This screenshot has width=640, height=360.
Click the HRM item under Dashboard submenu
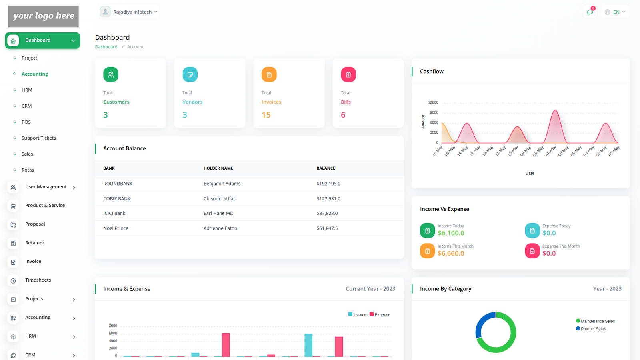[x=27, y=90]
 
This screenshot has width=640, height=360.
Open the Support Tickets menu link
[x=38, y=138]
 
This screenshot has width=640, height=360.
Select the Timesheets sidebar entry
[x=38, y=280]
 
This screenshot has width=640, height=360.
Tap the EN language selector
[x=615, y=12]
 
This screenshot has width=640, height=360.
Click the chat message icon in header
[x=590, y=12]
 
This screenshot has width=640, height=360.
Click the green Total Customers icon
[x=111, y=74]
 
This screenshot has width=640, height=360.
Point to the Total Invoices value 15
[x=266, y=115]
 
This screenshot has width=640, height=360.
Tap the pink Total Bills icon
[x=348, y=74]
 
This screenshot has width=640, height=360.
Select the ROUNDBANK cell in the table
[x=118, y=184]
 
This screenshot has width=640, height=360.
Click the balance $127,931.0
[x=328, y=198]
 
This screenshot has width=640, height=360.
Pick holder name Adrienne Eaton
[x=220, y=228]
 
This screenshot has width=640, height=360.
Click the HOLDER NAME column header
[x=218, y=168]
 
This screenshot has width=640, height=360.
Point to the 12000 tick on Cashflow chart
[x=433, y=103]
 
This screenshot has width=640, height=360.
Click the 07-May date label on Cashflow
[x=551, y=151]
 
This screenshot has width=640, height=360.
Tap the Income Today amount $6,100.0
[x=451, y=233]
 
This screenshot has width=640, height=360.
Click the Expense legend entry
[x=380, y=314]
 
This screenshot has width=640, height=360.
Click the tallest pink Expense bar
[x=226, y=344]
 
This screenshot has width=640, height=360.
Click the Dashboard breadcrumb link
[x=106, y=47]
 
